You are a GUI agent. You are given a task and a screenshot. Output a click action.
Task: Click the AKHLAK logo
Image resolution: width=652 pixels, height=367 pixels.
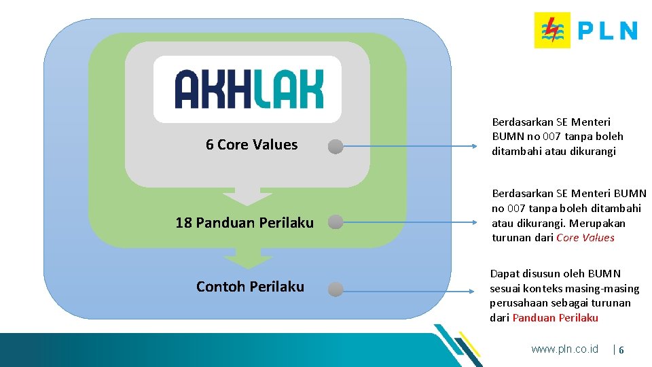248,89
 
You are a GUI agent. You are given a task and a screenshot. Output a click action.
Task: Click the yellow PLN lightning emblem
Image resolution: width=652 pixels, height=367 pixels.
552,30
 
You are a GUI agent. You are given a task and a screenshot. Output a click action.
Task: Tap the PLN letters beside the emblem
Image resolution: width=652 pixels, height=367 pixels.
607,31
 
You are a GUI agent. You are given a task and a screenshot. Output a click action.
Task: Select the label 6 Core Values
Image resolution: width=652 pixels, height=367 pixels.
251,145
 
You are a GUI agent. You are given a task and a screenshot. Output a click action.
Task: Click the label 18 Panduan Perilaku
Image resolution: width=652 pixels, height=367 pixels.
244,223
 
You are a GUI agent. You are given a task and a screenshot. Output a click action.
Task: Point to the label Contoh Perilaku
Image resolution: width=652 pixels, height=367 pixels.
250,287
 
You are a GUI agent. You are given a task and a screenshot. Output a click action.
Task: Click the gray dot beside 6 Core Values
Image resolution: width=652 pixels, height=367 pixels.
336,146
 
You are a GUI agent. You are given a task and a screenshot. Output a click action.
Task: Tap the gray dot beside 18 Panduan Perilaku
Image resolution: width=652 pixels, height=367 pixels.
335,222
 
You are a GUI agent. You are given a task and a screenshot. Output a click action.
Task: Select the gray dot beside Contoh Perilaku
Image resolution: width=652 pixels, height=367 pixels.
335,290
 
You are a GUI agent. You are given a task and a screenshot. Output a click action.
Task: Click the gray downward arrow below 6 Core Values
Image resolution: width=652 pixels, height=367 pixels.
247,195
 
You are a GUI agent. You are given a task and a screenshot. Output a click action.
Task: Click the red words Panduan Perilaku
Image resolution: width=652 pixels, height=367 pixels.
555,318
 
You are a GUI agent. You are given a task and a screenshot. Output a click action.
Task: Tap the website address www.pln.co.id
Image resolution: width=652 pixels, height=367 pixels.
564,349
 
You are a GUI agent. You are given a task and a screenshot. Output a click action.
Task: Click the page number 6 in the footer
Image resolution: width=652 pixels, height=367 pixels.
621,349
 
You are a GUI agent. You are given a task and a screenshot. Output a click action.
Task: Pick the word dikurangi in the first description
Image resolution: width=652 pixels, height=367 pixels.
592,152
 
